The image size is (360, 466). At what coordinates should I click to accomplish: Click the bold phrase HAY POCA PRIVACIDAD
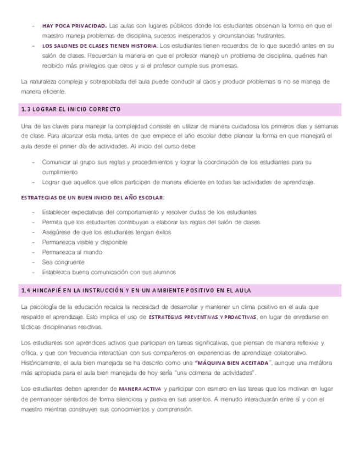[x=74, y=26]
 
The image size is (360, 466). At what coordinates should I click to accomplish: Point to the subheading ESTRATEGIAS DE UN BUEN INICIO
[x=92, y=197]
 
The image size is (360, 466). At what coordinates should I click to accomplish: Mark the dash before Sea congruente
[x=35, y=262]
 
